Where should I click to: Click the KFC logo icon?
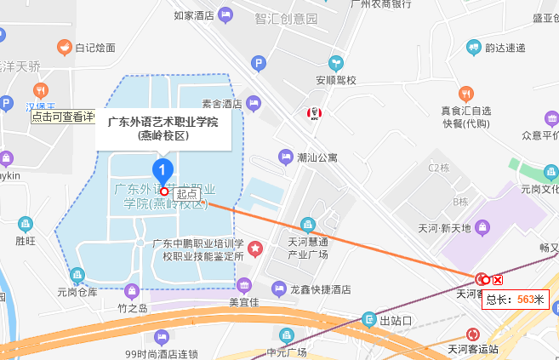[312, 114]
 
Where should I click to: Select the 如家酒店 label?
[193, 14]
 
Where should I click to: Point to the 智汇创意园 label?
[286, 18]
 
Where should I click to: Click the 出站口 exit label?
[396, 321]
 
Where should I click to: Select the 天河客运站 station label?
[478, 348]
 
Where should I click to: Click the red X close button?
[499, 280]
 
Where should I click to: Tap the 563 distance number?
[525, 299]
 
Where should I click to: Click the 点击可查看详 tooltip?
[62, 117]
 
